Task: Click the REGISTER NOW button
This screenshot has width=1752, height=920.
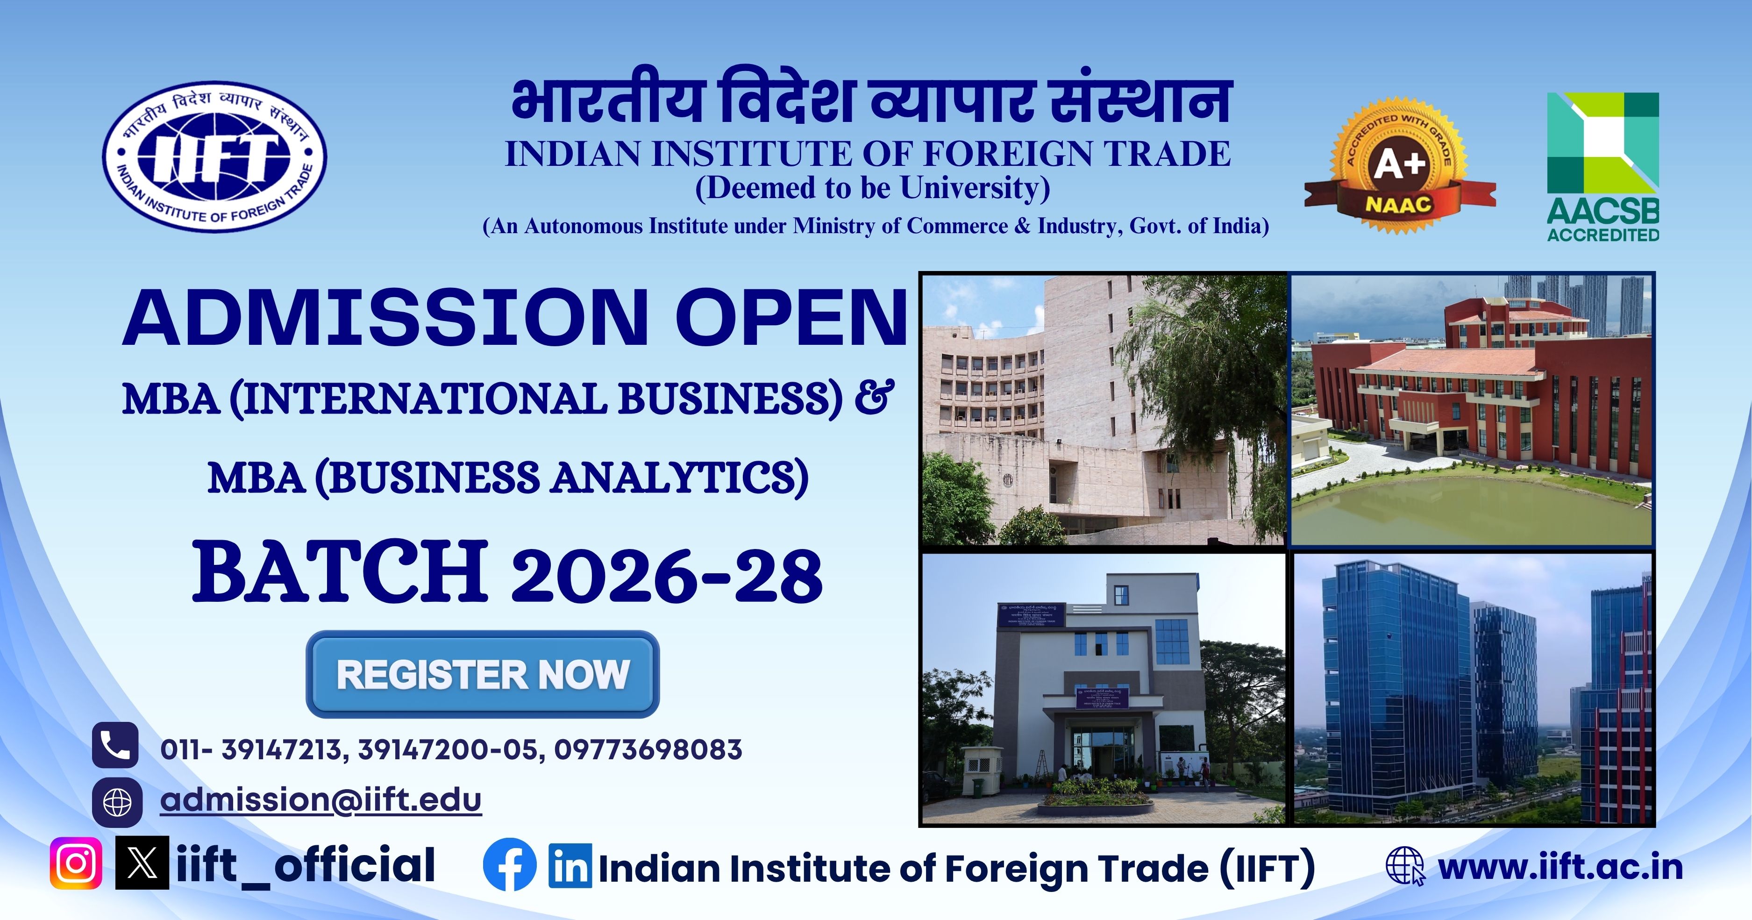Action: click(x=482, y=674)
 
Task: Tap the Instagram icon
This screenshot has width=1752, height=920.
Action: click(x=76, y=863)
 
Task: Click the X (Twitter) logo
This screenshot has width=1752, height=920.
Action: click(x=142, y=863)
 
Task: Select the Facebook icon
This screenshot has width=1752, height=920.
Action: click(x=509, y=866)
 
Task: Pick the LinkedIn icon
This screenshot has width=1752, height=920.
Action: click(x=570, y=867)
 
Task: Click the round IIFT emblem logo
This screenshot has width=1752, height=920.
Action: click(x=214, y=157)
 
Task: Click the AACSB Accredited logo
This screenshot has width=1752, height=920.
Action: click(x=1602, y=167)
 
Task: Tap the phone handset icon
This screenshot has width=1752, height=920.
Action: click(x=115, y=745)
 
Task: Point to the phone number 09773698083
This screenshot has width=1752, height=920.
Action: click(x=648, y=749)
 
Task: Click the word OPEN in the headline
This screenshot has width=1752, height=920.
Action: click(x=791, y=318)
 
